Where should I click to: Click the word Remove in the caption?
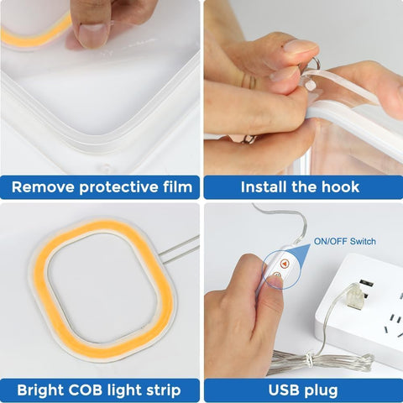[x=43, y=187]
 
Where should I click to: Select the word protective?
[x=118, y=187]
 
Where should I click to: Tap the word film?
[x=178, y=186]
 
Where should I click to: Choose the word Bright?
[x=40, y=390]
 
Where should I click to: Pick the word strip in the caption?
[x=164, y=390]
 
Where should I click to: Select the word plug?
[x=320, y=390]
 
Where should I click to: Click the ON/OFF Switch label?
[x=345, y=241]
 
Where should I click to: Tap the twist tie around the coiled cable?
[x=309, y=359]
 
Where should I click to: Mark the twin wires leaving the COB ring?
[x=179, y=250]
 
